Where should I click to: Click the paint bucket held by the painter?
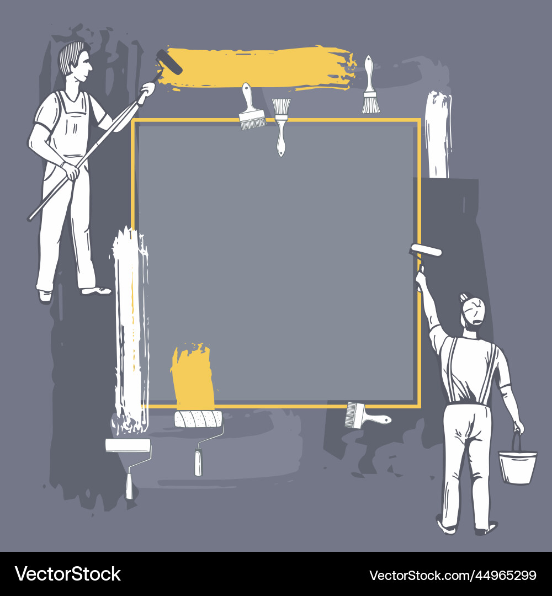pyautogui.click(x=517, y=467)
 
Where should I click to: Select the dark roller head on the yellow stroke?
pyautogui.click(x=169, y=62)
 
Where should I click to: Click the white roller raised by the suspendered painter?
pyautogui.click(x=426, y=250)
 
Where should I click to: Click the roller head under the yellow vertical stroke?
pyautogui.click(x=198, y=419)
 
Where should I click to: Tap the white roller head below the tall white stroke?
pyautogui.click(x=128, y=445)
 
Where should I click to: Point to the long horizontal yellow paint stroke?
pyautogui.click(x=259, y=67)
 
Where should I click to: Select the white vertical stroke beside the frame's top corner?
pyautogui.click(x=438, y=135)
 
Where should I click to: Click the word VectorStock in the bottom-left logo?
pyautogui.click(x=68, y=574)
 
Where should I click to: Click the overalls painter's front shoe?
pyautogui.click(x=97, y=290)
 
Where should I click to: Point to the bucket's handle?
pyautogui.click(x=517, y=441)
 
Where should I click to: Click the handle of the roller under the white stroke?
pyautogui.click(x=129, y=484)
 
